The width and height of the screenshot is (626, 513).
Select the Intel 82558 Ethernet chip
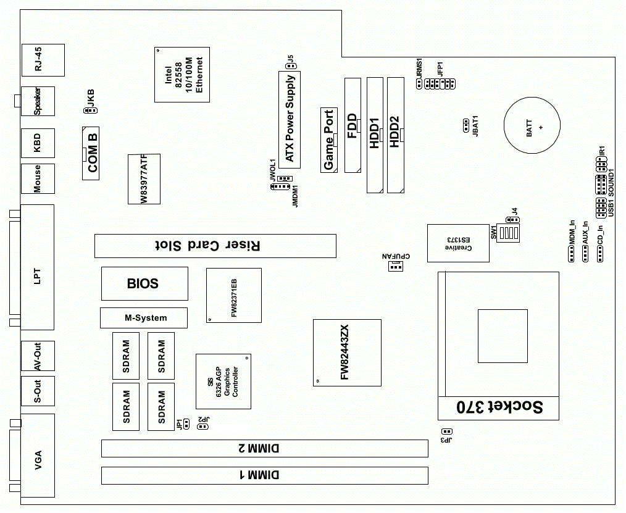click(182, 74)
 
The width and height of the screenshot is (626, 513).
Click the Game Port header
click(329, 140)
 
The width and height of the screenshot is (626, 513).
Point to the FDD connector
click(353, 125)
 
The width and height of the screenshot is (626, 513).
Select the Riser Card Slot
click(215, 246)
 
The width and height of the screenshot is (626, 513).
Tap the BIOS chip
click(144, 284)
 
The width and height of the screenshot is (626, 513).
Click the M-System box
click(143, 318)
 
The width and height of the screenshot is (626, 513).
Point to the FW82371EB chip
click(233, 296)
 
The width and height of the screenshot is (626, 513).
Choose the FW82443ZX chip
click(346, 352)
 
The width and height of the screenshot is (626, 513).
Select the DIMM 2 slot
click(265, 448)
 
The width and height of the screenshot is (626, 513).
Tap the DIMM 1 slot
click(265, 475)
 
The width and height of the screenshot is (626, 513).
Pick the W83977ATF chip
click(144, 178)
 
